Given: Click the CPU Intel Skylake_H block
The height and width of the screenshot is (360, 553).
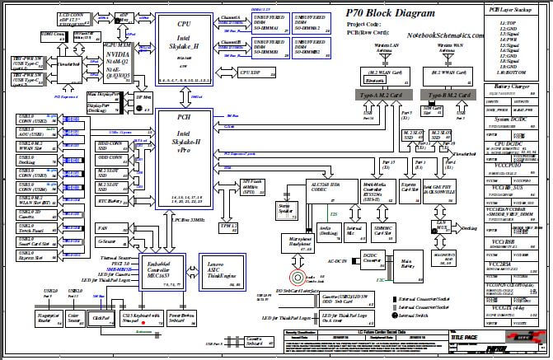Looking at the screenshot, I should tap(184, 49).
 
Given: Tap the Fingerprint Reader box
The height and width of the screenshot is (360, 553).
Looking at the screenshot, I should tap(49, 316).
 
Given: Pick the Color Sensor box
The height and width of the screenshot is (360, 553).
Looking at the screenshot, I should tap(74, 316).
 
